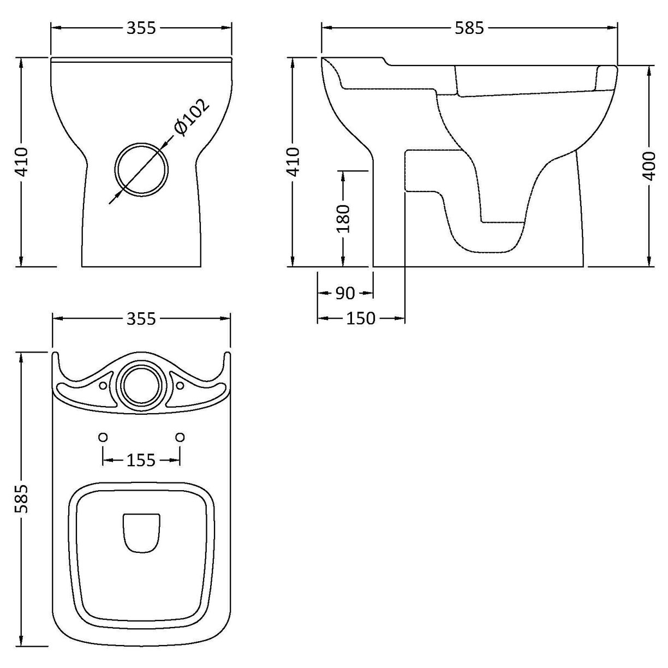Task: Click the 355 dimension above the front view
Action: click(x=141, y=28)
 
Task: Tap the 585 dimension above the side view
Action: click(x=469, y=28)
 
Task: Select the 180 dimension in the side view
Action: click(x=343, y=218)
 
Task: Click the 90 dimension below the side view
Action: click(x=345, y=294)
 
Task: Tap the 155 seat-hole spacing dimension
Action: click(x=141, y=461)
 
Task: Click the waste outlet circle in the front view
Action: click(x=141, y=169)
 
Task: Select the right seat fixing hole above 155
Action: click(x=180, y=437)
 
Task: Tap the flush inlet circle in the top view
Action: click(x=141, y=385)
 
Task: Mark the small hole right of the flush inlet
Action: click(x=180, y=386)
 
